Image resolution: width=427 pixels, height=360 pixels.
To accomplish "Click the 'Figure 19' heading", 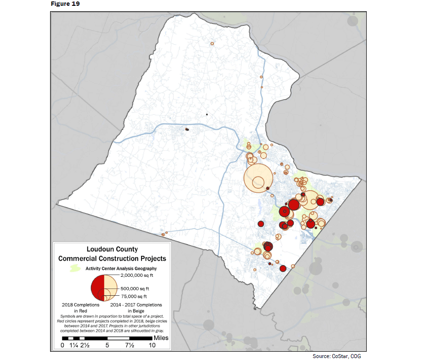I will pos(65,4).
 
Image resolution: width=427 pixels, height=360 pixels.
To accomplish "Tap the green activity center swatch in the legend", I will pos(75,268).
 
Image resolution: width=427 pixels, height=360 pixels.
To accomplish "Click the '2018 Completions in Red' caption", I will pos(80,307).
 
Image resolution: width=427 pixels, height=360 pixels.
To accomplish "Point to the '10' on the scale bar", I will pos(152,345).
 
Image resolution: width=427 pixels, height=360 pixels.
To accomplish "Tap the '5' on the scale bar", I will pos(107,345).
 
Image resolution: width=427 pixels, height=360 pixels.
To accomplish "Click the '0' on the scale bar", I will pos(62,345).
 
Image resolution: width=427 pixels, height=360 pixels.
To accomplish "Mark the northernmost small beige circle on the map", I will pos(212,43).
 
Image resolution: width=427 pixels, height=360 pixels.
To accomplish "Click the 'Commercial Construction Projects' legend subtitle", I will pos(112,258).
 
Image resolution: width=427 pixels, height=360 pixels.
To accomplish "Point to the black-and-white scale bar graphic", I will pos(107,338).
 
